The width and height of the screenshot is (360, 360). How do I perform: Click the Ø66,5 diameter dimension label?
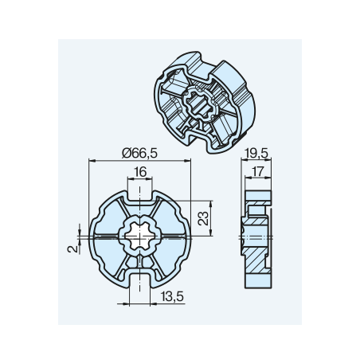[x=139, y=154]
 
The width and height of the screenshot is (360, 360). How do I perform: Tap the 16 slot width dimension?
[x=140, y=172]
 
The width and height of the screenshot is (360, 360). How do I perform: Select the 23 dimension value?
[x=204, y=218]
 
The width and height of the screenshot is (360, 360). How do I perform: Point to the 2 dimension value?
[x=72, y=248]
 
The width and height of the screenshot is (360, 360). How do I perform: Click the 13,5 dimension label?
[x=172, y=296]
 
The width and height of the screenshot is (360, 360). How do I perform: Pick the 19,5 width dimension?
[x=256, y=154]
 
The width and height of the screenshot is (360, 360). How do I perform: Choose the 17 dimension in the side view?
[x=257, y=171]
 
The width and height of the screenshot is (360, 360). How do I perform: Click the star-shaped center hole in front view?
[x=139, y=236]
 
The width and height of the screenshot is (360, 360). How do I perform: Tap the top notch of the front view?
[x=140, y=195]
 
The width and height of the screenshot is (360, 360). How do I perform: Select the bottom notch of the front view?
[x=139, y=281]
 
